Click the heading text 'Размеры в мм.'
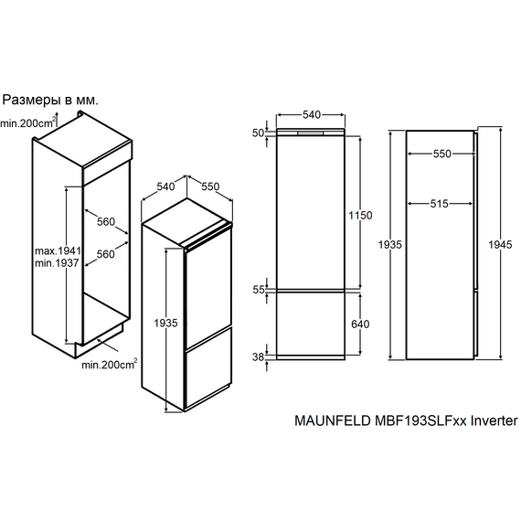tap(50, 100)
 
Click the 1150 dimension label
tap(360, 216)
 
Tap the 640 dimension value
tap(360, 324)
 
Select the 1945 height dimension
tap(500, 245)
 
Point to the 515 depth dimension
tap(440, 203)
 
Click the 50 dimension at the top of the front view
tap(258, 133)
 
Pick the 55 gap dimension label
tap(259, 290)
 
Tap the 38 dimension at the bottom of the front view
tap(258, 356)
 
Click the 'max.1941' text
tap(58, 250)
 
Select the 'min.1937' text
tap(57, 263)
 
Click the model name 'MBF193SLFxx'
tap(420, 421)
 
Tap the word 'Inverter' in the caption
tap(494, 421)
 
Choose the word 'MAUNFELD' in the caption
tap(333, 421)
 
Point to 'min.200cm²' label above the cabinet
tap(28, 123)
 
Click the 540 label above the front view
tap(312, 114)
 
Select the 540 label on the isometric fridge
tap(165, 186)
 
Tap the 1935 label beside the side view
tap(390, 245)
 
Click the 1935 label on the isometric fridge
tap(165, 323)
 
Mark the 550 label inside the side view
tap(441, 154)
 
